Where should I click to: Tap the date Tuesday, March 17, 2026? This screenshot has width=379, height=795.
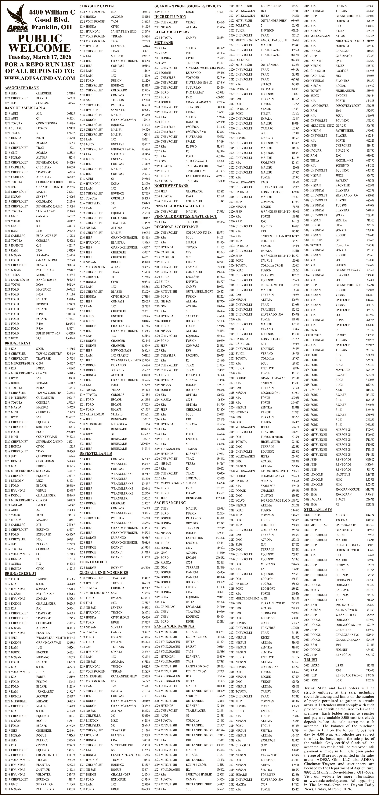[x=40, y=57]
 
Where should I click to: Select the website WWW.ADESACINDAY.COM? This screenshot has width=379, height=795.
[x=40, y=78]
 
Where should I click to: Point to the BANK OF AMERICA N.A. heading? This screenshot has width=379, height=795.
[x=25, y=108]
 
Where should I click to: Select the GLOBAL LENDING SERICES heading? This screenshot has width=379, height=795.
[x=103, y=572]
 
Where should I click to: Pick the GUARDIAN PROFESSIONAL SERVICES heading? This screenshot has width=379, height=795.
[x=187, y=6]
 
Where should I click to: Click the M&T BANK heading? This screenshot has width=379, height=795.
[x=164, y=43]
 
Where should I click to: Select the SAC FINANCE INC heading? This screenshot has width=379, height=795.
[x=170, y=503]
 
